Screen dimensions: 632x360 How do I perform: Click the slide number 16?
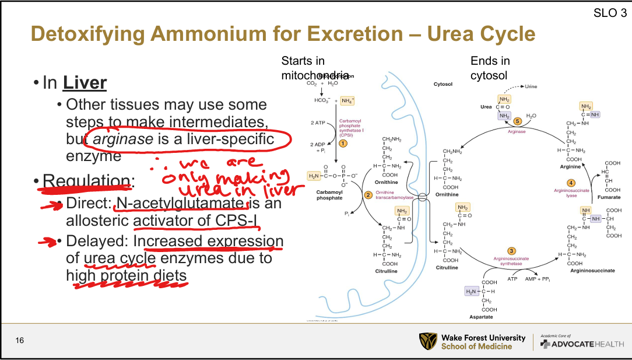pyautogui.click(x=19, y=340)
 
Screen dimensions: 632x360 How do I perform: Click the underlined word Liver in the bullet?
pyautogui.click(x=85, y=82)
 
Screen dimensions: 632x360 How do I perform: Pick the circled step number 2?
pyautogui.click(x=368, y=194)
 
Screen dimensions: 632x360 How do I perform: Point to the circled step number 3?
pyautogui.click(x=511, y=251)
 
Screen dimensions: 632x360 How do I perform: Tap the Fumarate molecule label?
pyautogui.click(x=609, y=197)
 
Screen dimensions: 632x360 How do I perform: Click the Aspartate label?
pyautogui.click(x=481, y=316)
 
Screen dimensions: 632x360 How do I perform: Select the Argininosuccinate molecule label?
pyautogui.click(x=592, y=271)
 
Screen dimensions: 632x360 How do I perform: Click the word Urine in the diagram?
pyautogui.click(x=531, y=86)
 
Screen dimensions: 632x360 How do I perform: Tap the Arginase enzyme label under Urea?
pyautogui.click(x=516, y=132)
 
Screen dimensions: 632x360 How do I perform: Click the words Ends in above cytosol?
pyautogui.click(x=490, y=61)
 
